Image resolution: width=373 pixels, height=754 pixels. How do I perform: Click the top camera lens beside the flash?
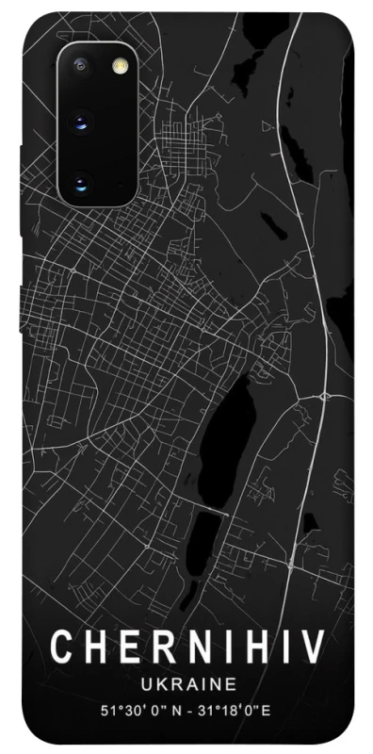pyautogui.click(x=81, y=66)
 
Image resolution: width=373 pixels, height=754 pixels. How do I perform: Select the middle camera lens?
pyautogui.click(x=81, y=122)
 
